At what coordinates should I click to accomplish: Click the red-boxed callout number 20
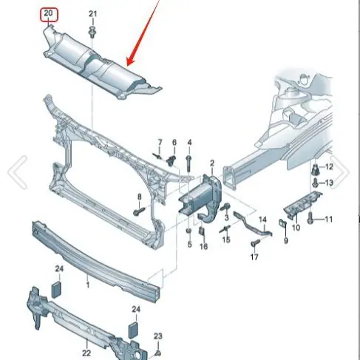(x=48, y=13)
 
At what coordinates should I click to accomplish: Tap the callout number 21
(x=92, y=14)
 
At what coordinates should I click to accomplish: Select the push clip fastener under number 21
(x=92, y=32)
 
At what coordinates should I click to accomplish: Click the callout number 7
(x=160, y=143)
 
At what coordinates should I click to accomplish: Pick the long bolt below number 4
(x=189, y=164)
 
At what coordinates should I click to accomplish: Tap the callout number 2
(x=212, y=163)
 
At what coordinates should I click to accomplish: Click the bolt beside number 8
(x=139, y=211)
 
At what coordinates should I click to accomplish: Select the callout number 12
(x=329, y=167)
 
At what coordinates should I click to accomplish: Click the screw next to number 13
(x=315, y=183)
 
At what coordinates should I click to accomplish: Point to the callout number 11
(x=329, y=219)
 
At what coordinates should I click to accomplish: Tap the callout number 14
(x=262, y=220)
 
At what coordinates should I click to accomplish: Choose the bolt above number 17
(x=255, y=243)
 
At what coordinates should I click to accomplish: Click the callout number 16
(x=203, y=246)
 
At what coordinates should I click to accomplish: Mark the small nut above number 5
(x=189, y=231)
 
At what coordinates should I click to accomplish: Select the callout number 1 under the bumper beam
(x=88, y=285)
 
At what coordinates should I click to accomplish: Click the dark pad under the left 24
(x=55, y=289)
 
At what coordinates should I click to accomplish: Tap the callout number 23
(x=158, y=336)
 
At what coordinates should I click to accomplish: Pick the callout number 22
(x=86, y=353)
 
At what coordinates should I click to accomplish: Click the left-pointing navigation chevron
(x=18, y=172)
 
